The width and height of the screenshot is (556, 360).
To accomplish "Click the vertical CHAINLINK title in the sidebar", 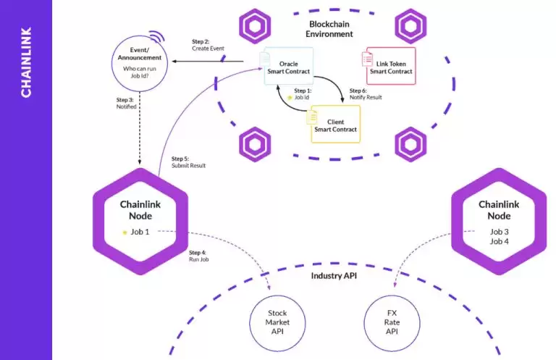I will (x=26, y=62).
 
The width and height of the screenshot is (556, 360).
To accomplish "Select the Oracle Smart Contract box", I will (x=288, y=66).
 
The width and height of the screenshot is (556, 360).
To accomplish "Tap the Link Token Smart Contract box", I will (x=390, y=67).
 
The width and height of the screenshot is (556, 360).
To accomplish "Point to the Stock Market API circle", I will (x=277, y=322).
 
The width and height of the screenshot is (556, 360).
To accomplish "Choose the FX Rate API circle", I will (x=392, y=322).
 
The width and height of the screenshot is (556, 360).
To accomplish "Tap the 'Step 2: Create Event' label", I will (x=208, y=44).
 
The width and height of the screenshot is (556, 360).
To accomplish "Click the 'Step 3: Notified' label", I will (x=126, y=104).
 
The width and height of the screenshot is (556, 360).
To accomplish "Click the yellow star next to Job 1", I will (x=125, y=232).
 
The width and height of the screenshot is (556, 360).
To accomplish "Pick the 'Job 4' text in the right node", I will (x=499, y=241).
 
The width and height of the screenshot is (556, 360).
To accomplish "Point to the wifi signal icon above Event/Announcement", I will (x=155, y=37).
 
